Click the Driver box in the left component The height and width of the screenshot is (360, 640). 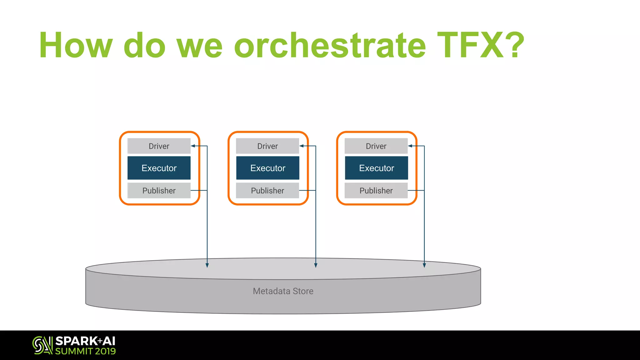click(159, 146)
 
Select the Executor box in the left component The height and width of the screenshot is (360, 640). click(159, 168)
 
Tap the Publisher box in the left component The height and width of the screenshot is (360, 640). click(159, 191)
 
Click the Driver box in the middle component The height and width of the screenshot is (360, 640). click(267, 146)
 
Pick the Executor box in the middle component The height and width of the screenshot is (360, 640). click(267, 168)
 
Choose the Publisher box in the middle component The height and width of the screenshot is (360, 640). click(267, 191)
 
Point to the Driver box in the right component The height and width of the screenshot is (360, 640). click(376, 146)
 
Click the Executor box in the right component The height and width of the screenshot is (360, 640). click(376, 168)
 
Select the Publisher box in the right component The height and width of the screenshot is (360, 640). click(376, 191)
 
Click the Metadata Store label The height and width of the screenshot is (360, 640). click(283, 291)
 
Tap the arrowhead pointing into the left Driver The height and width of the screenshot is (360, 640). click(193, 146)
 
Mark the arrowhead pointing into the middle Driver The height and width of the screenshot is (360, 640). click(302, 146)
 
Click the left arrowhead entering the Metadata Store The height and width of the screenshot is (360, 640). click(207, 265)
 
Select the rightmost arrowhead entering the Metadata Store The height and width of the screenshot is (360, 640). click(424, 265)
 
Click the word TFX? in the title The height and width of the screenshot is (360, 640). click(481, 45)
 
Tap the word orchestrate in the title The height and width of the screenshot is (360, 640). click(330, 45)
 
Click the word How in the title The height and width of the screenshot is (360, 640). click(75, 45)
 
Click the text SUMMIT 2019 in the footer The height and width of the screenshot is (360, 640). click(85, 351)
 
